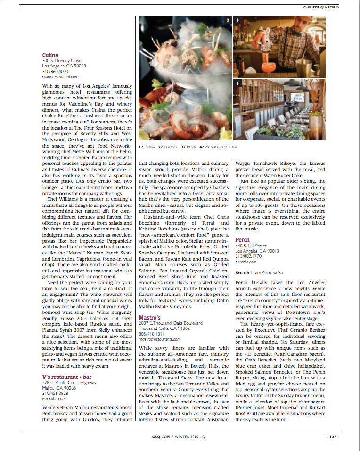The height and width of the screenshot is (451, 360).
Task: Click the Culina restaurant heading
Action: point(50,55)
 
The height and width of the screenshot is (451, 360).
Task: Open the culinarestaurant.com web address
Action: point(60,76)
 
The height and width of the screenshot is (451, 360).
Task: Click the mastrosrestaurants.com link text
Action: point(160,339)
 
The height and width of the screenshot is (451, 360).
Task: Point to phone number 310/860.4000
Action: point(56,71)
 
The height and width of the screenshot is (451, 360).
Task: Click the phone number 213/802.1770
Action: point(249,256)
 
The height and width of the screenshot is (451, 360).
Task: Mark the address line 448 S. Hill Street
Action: point(251,246)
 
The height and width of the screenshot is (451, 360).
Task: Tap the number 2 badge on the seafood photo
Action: point(228,20)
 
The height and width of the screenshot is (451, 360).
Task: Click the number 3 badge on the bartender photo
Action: point(237,20)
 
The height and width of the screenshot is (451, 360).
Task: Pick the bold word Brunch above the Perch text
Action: point(242,272)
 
